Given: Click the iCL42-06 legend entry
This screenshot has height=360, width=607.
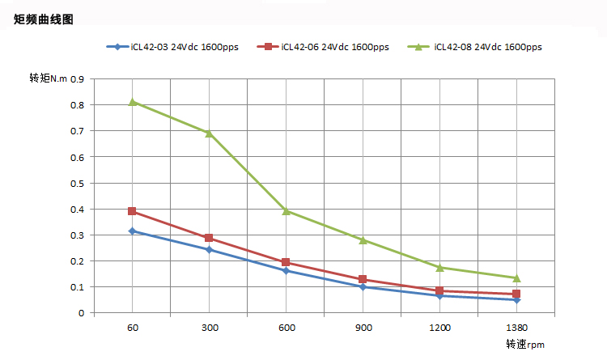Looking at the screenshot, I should [323, 47].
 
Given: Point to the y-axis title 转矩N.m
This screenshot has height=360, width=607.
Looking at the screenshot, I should [48, 78].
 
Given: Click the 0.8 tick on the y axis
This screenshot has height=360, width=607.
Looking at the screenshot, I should [77, 105].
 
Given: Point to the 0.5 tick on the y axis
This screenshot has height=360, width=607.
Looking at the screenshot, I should [77, 183].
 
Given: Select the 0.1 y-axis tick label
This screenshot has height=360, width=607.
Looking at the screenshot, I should [77, 287].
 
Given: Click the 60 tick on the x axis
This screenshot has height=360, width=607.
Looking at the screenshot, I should [132, 328].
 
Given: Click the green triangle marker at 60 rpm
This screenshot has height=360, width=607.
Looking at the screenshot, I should [132, 102].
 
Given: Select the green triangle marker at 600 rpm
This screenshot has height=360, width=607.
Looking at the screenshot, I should [286, 210].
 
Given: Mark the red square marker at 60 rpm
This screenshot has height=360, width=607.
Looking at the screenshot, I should [132, 211].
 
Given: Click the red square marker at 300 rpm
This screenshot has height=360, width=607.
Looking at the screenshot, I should [209, 238].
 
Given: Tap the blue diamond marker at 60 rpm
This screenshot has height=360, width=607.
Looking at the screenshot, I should [132, 231].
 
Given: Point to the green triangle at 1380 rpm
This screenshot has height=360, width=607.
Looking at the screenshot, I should [516, 277].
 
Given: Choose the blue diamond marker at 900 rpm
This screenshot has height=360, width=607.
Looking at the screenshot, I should [363, 287].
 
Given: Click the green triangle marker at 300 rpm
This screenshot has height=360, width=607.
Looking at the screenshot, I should [209, 133].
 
